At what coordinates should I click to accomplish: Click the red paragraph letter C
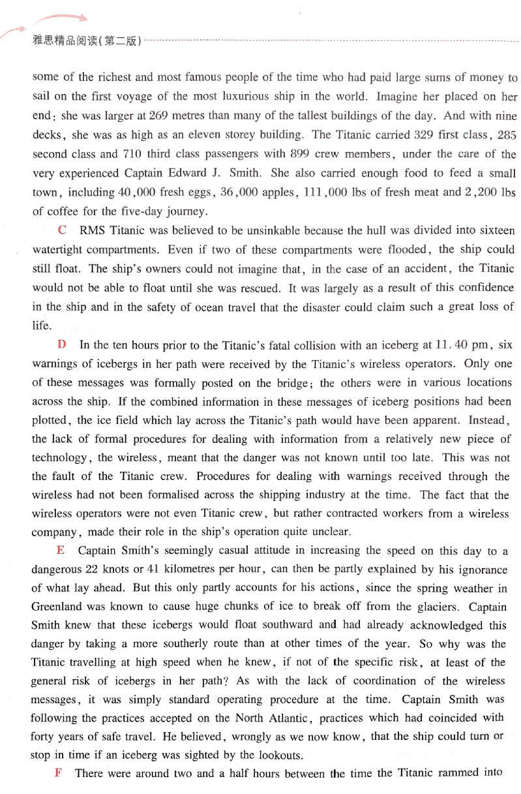tap(63, 230)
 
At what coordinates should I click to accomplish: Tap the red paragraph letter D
tap(63, 344)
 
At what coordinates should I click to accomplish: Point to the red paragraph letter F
tap(59, 774)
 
